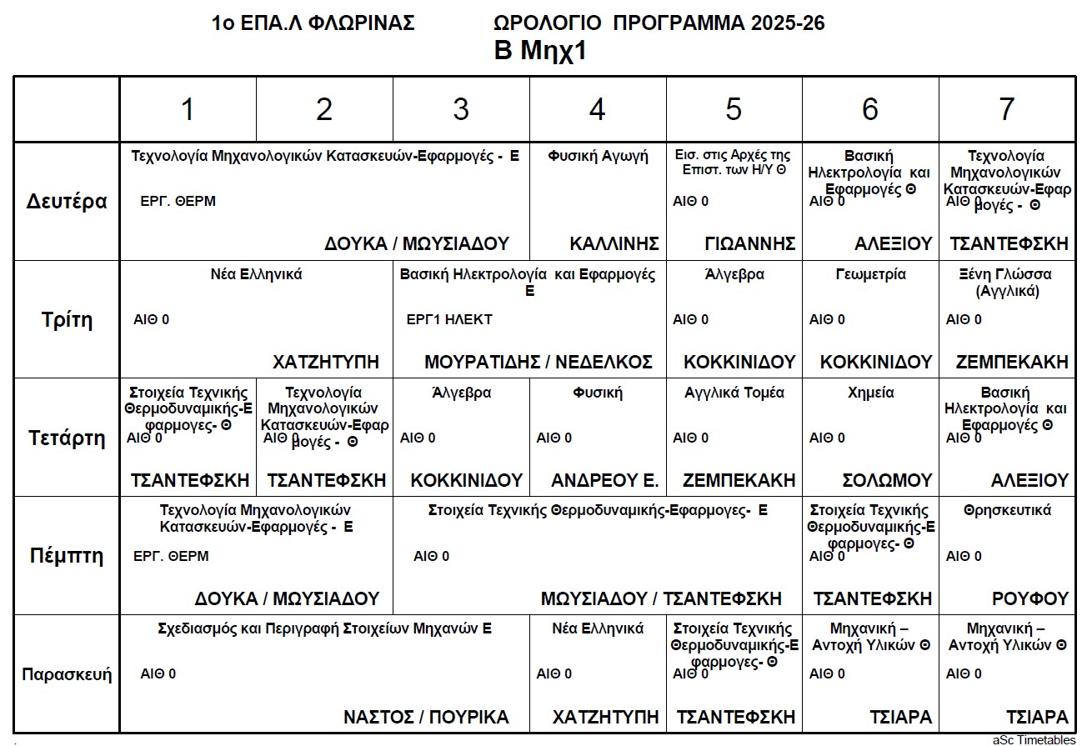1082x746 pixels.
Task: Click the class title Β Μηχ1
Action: [x=541, y=52]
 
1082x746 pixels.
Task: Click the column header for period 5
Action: [x=734, y=109]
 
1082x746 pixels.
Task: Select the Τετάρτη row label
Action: [x=67, y=438]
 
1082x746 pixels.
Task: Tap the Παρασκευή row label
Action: [x=67, y=674]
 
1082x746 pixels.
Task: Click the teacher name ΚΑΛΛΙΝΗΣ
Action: [x=614, y=243]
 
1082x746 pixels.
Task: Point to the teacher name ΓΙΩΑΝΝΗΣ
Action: [x=750, y=243]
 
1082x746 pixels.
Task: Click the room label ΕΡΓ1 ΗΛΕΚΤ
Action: [x=449, y=319]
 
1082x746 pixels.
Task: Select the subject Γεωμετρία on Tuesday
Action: [x=870, y=274]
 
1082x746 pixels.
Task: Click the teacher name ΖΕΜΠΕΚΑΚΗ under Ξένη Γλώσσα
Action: [x=1012, y=362]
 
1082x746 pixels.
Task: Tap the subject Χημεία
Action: [x=870, y=393]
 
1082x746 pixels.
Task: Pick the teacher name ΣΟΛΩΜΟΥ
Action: [x=887, y=480]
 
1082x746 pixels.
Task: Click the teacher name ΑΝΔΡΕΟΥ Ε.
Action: [x=604, y=480]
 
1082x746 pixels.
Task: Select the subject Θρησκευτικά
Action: [x=1007, y=510]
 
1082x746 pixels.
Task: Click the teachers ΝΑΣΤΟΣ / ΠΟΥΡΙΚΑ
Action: [x=426, y=717]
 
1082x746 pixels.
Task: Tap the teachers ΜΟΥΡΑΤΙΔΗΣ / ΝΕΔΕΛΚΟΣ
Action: [x=538, y=362]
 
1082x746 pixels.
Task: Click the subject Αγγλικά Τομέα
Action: [x=734, y=393]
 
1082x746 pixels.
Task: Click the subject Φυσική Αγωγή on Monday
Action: [x=598, y=156]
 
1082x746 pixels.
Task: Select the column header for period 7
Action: [x=1007, y=109]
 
